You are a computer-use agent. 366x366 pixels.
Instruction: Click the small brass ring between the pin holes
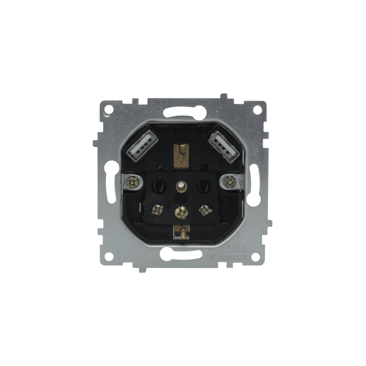tap(181, 185)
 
